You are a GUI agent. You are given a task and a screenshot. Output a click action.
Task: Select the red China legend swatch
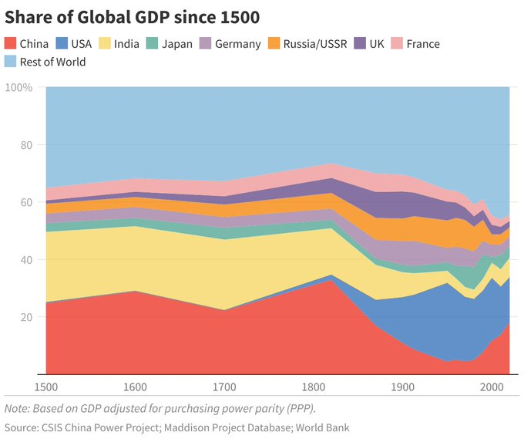[x=11, y=44]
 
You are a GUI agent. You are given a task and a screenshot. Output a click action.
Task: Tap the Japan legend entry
[x=176, y=44]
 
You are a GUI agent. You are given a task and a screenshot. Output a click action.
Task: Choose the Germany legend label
[x=237, y=44]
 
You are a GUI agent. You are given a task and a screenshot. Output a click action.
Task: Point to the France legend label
[x=422, y=44]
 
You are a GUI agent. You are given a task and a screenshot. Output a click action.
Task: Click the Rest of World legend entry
[x=54, y=62]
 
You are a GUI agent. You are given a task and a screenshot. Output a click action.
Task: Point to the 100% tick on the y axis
[x=18, y=87]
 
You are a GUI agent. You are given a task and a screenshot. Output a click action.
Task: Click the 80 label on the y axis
[x=25, y=145]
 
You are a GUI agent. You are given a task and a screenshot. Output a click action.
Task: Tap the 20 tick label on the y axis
[x=25, y=317]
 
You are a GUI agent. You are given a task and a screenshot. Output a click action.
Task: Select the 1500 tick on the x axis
[x=47, y=387]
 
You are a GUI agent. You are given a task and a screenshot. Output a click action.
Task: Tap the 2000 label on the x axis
[x=490, y=387]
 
